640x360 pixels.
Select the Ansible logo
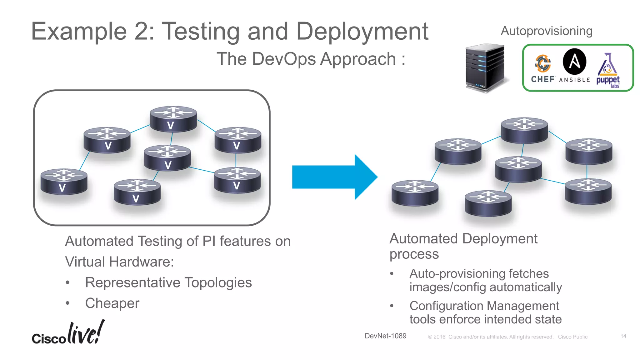(x=574, y=66)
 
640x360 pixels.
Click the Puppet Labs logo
(x=608, y=71)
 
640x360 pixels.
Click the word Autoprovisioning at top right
(x=547, y=31)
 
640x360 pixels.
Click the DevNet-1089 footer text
(x=385, y=336)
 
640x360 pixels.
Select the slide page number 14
(x=623, y=336)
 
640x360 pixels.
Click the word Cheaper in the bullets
(x=112, y=303)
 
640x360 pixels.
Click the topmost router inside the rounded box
(x=173, y=119)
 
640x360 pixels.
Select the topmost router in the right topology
(x=524, y=130)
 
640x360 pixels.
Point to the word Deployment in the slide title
(x=362, y=31)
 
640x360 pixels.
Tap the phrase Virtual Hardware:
(x=119, y=262)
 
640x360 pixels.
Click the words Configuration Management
(x=484, y=306)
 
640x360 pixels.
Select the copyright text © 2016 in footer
(x=437, y=337)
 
